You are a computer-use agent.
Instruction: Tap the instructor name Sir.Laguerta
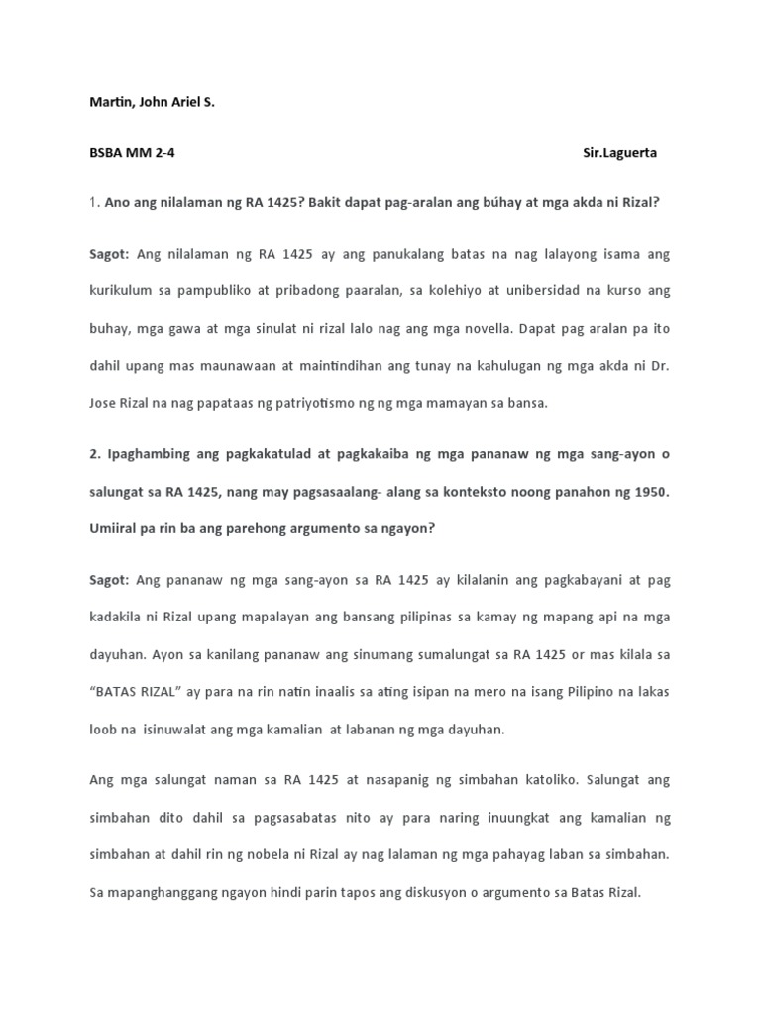(x=619, y=153)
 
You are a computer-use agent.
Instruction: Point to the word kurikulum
(x=121, y=291)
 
